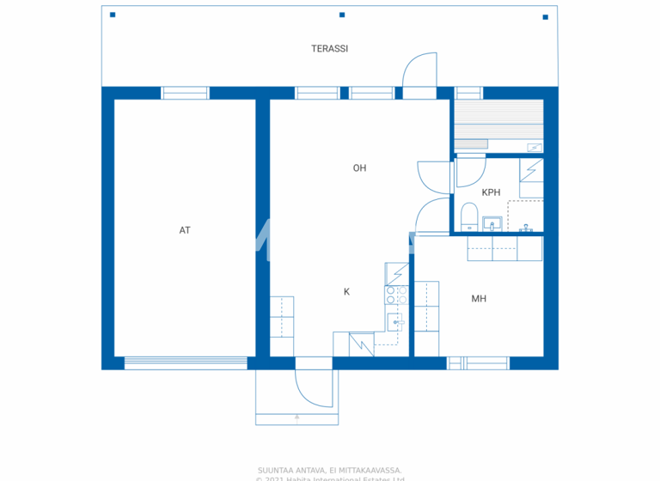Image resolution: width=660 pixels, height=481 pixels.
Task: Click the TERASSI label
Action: coord(329,49)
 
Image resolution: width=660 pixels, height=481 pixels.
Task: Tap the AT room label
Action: coord(185,230)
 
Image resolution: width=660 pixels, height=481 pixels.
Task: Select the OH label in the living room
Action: coord(359,168)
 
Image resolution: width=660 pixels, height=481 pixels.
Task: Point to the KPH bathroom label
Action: coord(491,192)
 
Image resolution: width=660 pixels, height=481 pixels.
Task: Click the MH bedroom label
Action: coord(479,299)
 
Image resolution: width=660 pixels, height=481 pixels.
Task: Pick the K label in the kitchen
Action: coord(347,292)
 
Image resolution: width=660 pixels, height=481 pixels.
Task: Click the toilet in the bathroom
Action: coord(469,215)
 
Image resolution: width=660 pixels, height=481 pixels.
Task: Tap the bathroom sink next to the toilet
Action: coord(492,224)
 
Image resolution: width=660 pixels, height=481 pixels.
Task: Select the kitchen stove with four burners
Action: coord(396,295)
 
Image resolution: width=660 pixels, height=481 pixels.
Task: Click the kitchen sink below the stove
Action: coord(395,322)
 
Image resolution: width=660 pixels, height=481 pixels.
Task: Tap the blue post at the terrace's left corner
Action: coord(113,15)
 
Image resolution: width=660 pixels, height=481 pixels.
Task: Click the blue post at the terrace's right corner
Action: coord(545,16)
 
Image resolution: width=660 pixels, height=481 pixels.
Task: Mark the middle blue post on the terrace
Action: coord(342,15)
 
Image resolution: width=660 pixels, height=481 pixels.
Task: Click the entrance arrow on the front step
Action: coord(297,417)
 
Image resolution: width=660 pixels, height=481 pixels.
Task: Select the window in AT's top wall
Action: coord(186,93)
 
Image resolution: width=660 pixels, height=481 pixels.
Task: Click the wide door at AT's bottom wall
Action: coord(186,363)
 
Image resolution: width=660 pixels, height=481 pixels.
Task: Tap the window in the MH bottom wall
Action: coord(478,363)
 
